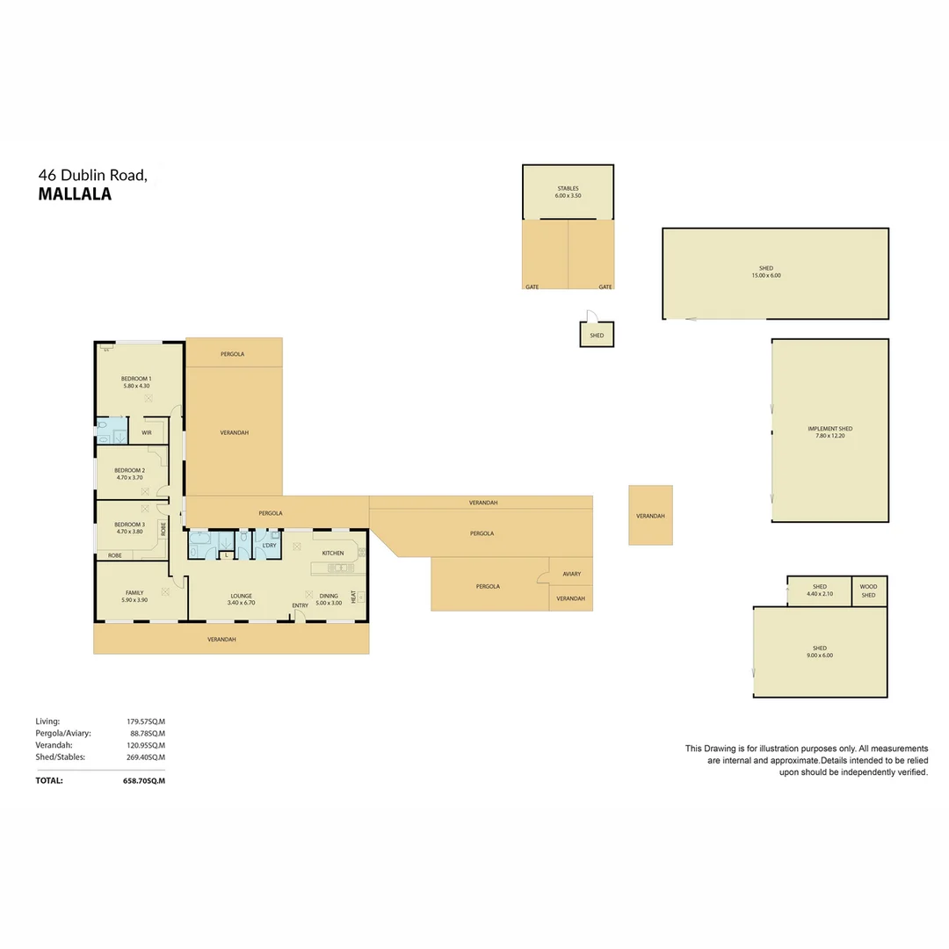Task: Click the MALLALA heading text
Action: (x=75, y=195)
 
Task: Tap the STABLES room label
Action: (x=568, y=189)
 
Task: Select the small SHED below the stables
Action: (x=597, y=335)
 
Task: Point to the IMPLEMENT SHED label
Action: (x=829, y=429)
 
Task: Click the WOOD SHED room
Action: (x=868, y=590)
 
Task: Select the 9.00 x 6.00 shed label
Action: (x=820, y=655)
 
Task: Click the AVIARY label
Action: (x=571, y=574)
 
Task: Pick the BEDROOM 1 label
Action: (x=136, y=379)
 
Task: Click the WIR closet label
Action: (x=146, y=432)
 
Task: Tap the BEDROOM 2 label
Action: (x=129, y=470)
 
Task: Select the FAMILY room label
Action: (x=134, y=592)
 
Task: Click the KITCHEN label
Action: (x=332, y=553)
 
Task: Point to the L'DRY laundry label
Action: (x=269, y=546)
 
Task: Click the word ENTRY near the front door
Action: (x=301, y=605)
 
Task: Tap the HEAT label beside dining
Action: (x=353, y=597)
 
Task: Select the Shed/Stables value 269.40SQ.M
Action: (x=145, y=757)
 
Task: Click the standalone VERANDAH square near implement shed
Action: (x=650, y=516)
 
